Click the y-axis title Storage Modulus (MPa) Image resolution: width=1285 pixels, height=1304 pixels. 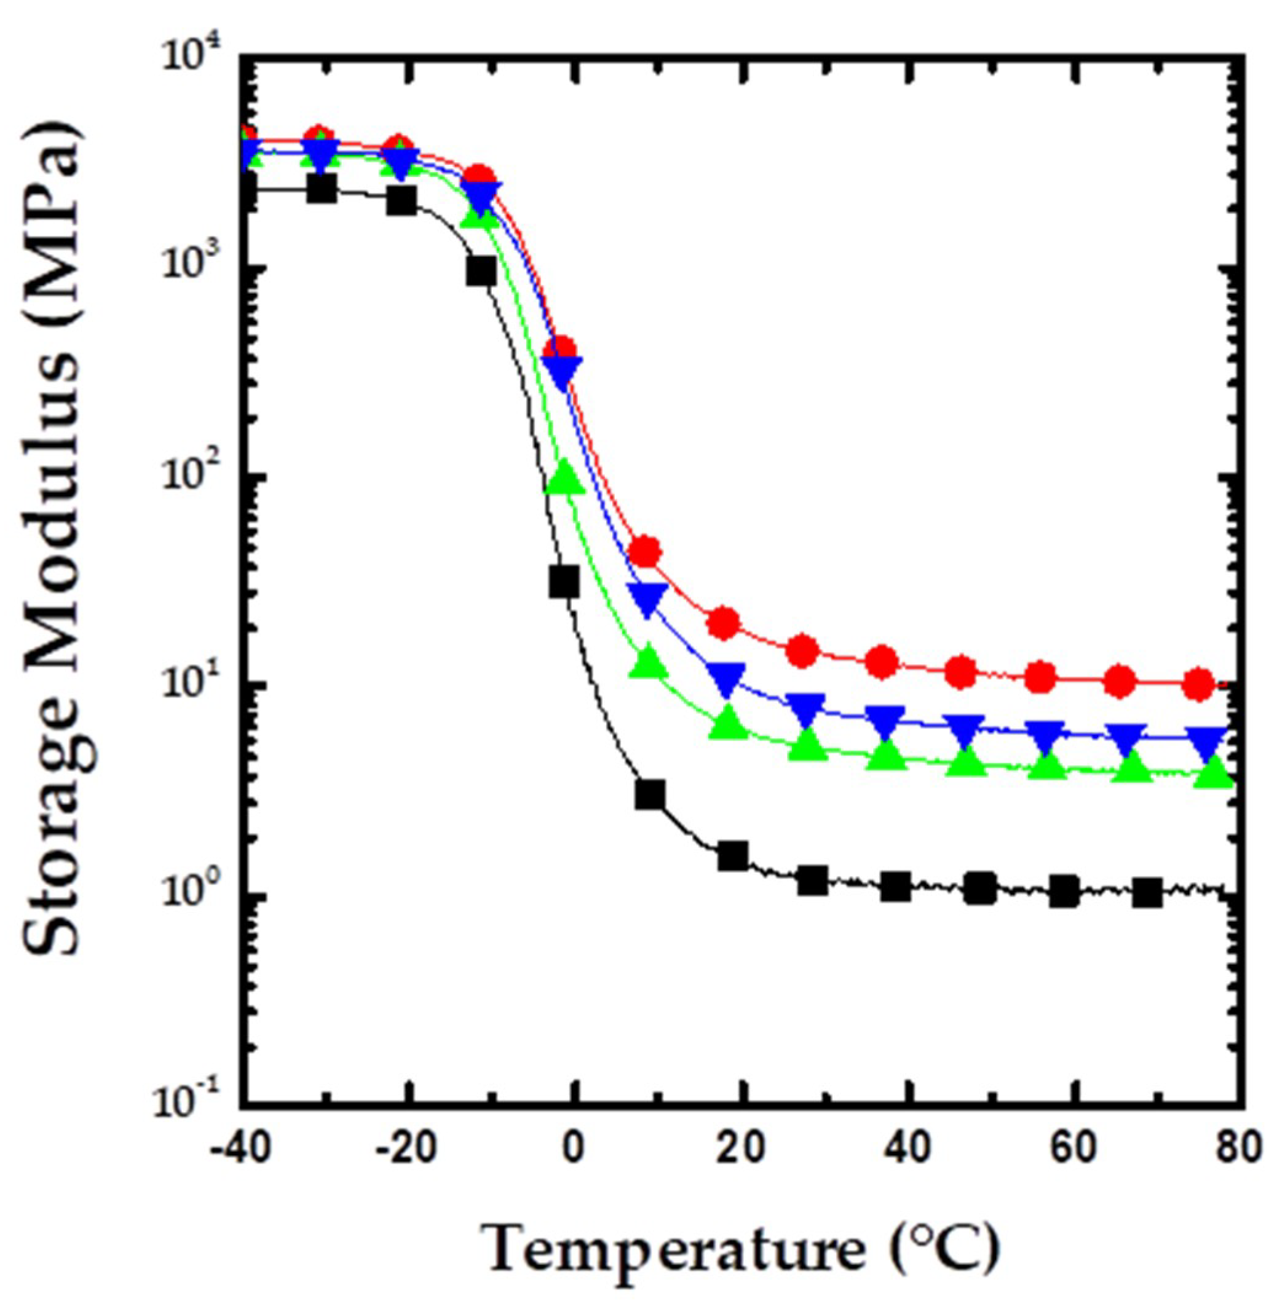tap(54, 540)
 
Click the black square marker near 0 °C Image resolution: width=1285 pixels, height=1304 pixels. tap(564, 581)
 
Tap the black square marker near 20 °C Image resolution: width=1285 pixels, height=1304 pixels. tap(732, 857)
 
